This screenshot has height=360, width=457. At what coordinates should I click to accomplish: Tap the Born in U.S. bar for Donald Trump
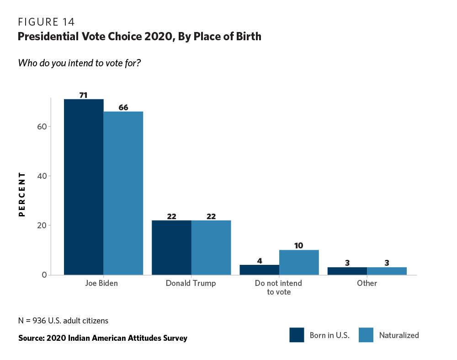click(x=171, y=247)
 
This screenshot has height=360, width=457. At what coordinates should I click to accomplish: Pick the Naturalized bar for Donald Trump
click(x=211, y=247)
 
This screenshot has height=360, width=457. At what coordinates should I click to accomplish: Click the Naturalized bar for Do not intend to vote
click(x=299, y=262)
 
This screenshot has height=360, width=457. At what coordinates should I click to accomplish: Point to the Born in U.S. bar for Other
click(x=347, y=271)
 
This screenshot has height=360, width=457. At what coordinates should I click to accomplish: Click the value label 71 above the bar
click(x=84, y=95)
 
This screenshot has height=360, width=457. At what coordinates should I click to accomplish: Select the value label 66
click(x=123, y=107)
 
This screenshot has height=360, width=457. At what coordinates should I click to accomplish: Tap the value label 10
click(x=299, y=246)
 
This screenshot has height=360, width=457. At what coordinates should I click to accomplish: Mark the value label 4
click(x=260, y=261)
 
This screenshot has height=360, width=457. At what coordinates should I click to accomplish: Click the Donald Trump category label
click(x=191, y=283)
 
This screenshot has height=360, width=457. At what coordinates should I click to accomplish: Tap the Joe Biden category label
click(x=101, y=283)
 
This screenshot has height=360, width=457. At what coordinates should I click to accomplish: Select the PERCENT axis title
click(x=21, y=194)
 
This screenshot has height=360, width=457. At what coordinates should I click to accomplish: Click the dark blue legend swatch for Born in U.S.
click(x=297, y=335)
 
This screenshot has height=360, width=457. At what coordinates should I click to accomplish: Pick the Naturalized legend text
click(x=399, y=335)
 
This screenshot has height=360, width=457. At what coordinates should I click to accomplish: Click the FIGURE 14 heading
click(x=46, y=22)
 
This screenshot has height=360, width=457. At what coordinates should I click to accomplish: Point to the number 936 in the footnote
click(x=37, y=321)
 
